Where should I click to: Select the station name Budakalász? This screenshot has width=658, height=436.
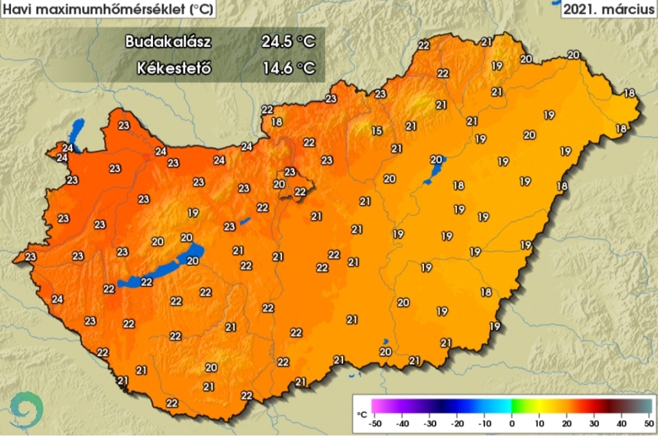click(168, 42)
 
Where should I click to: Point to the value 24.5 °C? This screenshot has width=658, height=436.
click(288, 42)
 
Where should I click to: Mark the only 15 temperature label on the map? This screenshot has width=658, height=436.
click(377, 131)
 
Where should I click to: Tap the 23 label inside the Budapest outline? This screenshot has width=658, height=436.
click(290, 172)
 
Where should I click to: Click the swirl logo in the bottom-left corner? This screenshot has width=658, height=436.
click(26, 409)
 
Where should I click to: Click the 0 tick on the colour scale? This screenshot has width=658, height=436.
click(512, 424)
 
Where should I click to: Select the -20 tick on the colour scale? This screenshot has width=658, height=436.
click(457, 424)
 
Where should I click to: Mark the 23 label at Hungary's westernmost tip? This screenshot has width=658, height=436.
click(30, 257)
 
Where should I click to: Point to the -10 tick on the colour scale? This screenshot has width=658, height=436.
click(485, 424)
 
